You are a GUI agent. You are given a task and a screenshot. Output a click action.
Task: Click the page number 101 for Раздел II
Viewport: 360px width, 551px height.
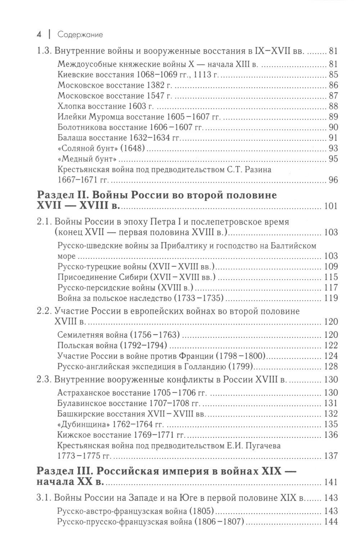[330, 206]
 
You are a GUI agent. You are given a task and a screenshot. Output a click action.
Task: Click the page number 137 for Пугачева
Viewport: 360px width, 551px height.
[330, 456]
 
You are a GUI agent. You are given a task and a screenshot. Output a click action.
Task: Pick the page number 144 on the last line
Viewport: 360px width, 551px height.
[330, 521]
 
